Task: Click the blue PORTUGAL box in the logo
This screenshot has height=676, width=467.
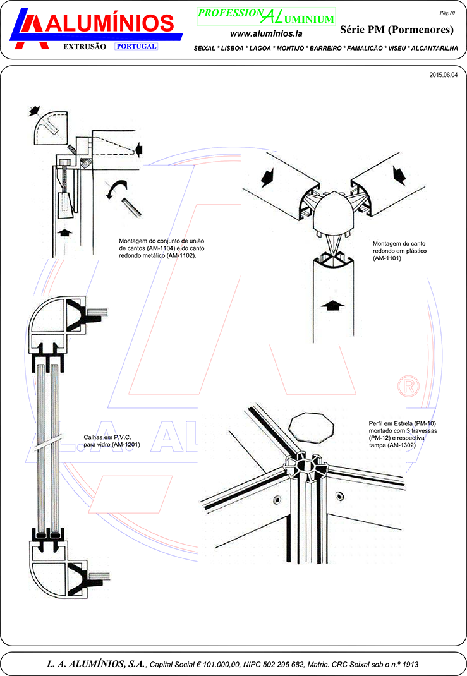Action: tap(136, 46)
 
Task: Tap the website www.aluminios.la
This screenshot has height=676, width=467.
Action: tap(266, 33)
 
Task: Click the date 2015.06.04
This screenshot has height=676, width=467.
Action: tap(443, 75)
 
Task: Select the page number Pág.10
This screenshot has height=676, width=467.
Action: tap(447, 13)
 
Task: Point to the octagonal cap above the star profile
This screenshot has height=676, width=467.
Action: tap(311, 426)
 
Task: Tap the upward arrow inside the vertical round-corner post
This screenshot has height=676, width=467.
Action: tap(333, 306)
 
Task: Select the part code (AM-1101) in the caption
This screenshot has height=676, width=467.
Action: tap(387, 258)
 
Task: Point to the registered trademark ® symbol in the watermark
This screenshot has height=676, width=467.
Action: tap(408, 386)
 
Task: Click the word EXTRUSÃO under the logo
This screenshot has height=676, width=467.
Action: tap(85, 47)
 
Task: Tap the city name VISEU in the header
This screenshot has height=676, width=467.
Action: tap(397, 48)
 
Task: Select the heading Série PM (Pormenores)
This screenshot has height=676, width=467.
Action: tap(397, 29)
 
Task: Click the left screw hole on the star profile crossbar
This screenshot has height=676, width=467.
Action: tap(277, 500)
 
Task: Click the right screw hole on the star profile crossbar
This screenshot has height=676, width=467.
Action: tap(340, 496)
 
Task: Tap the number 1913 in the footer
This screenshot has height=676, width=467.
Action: tap(410, 665)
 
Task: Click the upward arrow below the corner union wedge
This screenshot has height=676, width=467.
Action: tap(64, 232)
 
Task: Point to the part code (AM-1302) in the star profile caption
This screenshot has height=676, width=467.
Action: tap(401, 445)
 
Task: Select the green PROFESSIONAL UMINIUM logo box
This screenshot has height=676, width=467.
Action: tap(266, 16)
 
